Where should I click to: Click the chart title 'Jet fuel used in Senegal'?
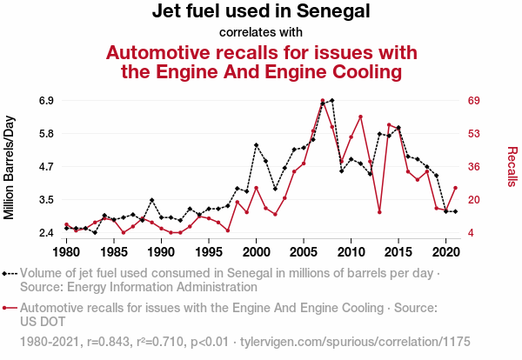point(261,12)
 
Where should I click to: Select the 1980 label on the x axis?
point(66,252)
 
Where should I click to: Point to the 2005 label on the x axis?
point(304,252)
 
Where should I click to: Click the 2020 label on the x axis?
point(445,252)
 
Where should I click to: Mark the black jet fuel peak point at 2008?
point(331,101)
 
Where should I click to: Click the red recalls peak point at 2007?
point(322,101)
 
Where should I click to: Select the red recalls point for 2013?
point(379,211)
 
